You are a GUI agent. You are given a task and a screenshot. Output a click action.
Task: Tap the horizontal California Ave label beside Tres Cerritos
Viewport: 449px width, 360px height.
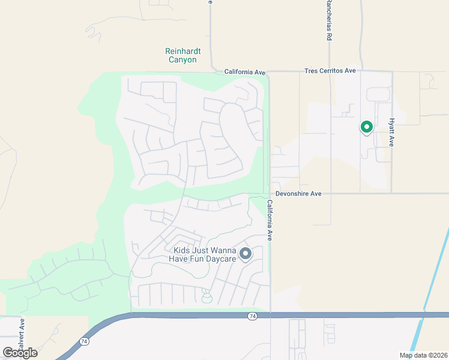point(245,72)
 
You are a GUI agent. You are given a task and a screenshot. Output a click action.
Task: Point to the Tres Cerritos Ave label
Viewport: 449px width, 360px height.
point(330,71)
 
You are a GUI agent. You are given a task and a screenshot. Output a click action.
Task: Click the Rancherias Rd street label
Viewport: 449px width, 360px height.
point(329,21)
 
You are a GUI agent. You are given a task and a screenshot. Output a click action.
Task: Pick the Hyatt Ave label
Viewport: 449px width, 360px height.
point(391,132)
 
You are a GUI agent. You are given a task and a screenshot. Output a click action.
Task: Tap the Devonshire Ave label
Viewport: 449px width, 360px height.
point(299,194)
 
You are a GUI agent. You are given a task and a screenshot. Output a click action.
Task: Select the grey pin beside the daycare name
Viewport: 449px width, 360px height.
point(245,254)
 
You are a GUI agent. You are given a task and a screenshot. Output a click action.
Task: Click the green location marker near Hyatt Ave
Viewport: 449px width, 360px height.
point(366,127)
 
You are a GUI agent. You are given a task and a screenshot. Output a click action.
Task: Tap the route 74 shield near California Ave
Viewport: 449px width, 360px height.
point(253,316)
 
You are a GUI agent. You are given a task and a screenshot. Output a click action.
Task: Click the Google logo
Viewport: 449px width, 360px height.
point(20,353)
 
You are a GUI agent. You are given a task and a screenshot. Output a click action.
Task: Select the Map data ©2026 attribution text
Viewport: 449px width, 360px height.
point(423,355)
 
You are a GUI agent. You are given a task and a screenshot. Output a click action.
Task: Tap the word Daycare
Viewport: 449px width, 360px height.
point(218,259)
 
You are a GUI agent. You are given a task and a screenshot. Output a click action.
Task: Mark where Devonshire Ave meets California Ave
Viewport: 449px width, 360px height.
point(268,194)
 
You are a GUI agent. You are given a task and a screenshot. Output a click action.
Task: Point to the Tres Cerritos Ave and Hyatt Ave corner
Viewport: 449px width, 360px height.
point(391,72)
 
